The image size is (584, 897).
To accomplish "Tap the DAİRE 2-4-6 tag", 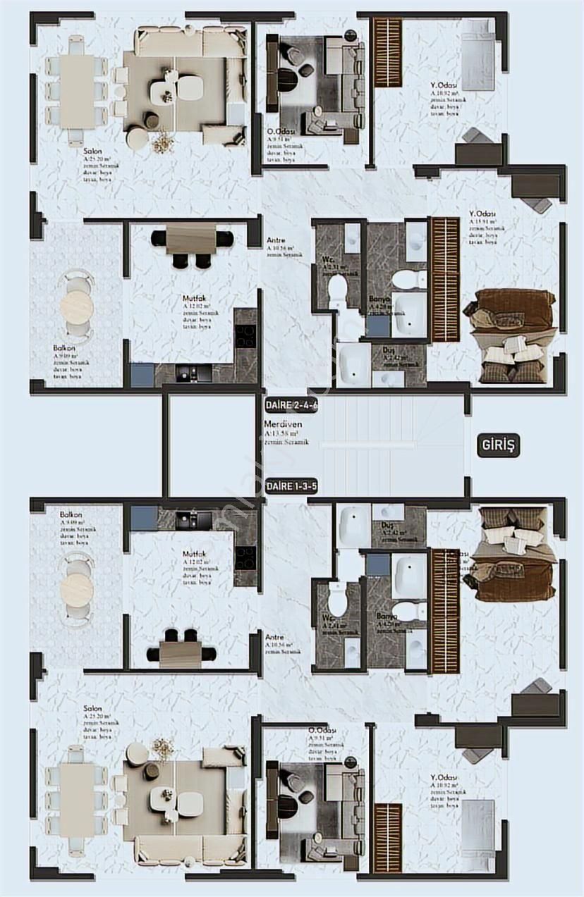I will point(292,405).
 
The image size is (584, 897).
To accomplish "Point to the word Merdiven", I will point(279,425).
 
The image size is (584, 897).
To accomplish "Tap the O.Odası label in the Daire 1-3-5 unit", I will point(321,730).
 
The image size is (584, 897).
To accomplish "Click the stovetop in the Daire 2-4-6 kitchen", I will point(245,335).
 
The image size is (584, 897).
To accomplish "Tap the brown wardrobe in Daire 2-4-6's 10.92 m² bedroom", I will point(387,52).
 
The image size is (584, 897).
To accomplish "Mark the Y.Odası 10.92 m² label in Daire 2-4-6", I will point(442,87).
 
